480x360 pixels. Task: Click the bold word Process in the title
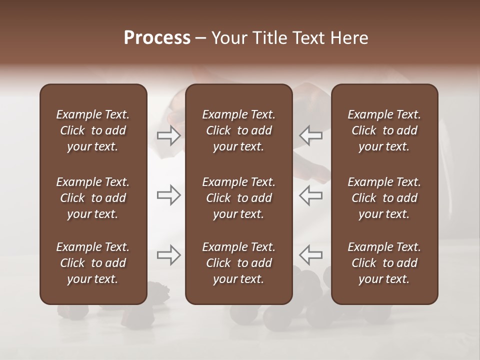click(157, 38)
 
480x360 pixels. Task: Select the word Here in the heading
click(350, 38)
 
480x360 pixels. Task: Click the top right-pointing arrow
click(168, 135)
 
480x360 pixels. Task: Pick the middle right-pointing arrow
click(168, 195)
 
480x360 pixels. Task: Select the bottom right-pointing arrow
click(168, 255)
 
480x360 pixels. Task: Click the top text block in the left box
click(93, 130)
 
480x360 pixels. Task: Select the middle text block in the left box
click(93, 198)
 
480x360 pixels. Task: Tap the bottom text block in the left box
click(93, 263)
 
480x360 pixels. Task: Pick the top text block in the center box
click(239, 130)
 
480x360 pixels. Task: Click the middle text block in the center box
click(239, 198)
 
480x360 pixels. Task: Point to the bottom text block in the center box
click(239, 263)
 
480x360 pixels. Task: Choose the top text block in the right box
click(384, 130)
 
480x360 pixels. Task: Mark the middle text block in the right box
click(384, 198)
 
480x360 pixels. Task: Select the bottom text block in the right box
click(384, 263)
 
